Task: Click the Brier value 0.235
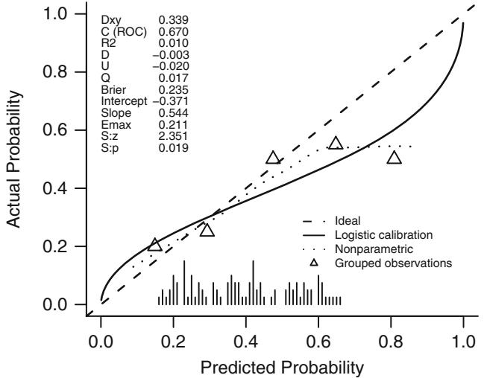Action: [x=174, y=92]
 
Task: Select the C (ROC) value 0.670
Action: [x=174, y=33]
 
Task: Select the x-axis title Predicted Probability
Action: [x=283, y=367]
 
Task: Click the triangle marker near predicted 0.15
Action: [x=155, y=245]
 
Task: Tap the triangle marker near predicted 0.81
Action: [x=395, y=157]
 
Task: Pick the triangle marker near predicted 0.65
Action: [x=336, y=143]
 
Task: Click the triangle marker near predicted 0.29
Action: [x=207, y=230]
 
